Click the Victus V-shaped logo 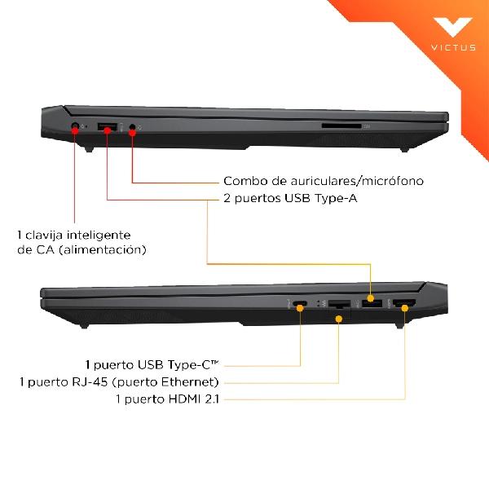click(x=453, y=27)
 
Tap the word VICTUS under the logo click(x=453, y=47)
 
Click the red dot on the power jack click(x=75, y=130)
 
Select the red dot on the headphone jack click(x=132, y=133)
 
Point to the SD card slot click(x=341, y=126)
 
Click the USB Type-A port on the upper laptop click(x=108, y=127)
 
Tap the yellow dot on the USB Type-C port click(x=300, y=308)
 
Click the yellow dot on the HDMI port click(x=404, y=308)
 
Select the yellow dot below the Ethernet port click(x=339, y=319)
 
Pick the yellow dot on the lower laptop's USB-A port click(x=371, y=298)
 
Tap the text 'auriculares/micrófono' click(x=357, y=181)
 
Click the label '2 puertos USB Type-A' click(x=290, y=198)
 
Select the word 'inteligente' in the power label click(x=99, y=236)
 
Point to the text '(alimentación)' click(x=103, y=250)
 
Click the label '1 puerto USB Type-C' click(x=152, y=364)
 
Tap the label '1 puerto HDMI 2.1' click(x=167, y=399)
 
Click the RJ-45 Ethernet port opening click(x=339, y=303)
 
